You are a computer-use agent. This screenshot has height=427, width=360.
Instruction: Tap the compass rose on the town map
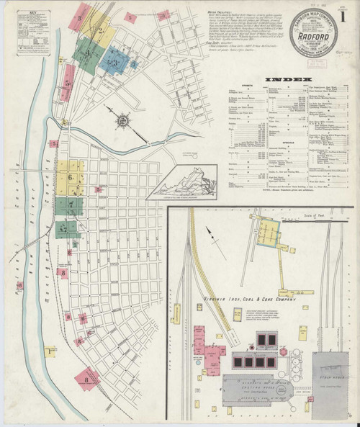(125, 117)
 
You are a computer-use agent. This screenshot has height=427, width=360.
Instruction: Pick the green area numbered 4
(88, 53)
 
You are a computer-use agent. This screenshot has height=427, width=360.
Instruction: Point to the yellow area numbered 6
(73, 177)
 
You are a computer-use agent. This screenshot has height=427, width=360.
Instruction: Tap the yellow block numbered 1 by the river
(50, 351)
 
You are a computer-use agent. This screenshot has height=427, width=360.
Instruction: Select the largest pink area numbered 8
(88, 377)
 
